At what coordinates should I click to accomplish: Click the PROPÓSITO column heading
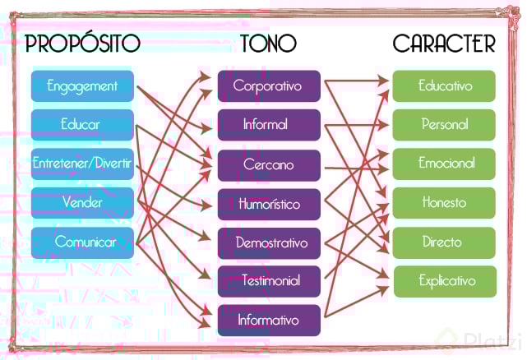click(82, 43)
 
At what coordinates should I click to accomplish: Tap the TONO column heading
click(268, 43)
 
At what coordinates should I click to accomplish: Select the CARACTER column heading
click(444, 43)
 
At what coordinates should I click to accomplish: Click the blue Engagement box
click(82, 85)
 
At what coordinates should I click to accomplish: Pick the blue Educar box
click(82, 125)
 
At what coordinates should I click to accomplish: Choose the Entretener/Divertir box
click(82, 164)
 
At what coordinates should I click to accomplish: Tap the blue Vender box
click(82, 202)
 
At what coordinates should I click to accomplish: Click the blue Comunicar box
click(82, 242)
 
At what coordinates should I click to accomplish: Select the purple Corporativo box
click(268, 85)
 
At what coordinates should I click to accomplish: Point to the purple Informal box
click(268, 125)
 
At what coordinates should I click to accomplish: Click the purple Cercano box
click(268, 164)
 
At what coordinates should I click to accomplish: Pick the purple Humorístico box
click(268, 204)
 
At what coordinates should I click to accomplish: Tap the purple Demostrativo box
click(268, 243)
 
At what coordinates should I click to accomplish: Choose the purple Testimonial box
click(268, 280)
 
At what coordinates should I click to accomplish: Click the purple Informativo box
click(268, 319)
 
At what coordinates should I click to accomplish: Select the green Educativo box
click(444, 85)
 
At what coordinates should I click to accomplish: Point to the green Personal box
click(444, 125)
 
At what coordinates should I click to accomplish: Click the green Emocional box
click(444, 164)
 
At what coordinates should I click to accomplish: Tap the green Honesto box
click(444, 202)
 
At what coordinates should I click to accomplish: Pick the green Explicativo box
click(446, 281)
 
